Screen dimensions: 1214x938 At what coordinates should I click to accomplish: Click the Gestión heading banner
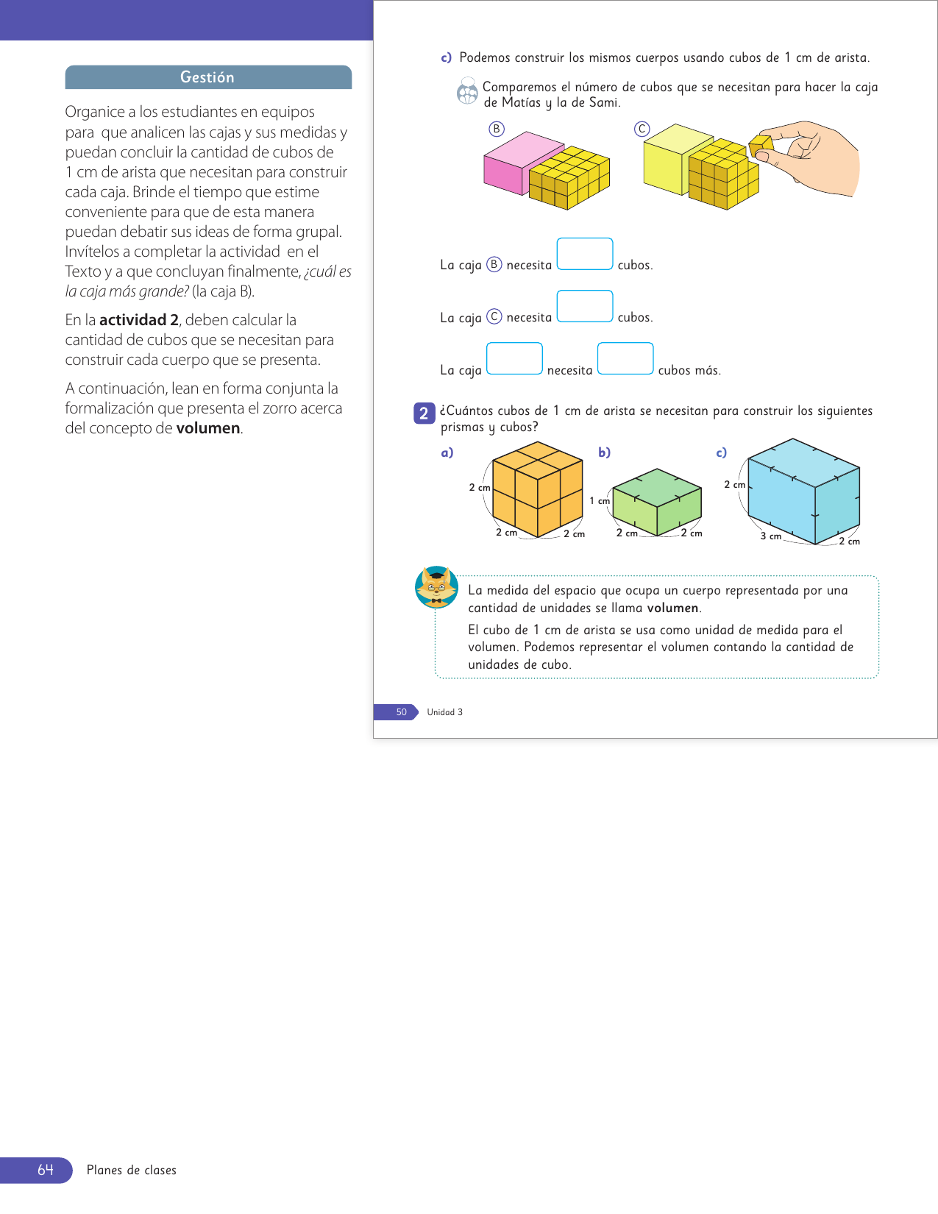point(208,77)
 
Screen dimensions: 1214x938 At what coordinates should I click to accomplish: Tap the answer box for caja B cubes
point(585,254)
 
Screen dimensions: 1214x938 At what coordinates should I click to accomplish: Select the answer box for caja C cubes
point(585,306)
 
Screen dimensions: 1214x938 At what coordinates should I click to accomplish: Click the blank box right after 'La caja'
point(514,359)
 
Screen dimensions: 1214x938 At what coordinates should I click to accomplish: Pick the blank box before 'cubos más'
point(625,359)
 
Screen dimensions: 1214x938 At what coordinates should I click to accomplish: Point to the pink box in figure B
point(508,163)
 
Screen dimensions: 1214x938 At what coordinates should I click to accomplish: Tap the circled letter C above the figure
point(642,129)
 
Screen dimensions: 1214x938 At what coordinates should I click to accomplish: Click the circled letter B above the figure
point(497,129)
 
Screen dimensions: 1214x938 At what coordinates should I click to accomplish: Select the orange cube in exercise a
point(537,489)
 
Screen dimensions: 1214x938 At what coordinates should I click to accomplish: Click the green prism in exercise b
point(656,503)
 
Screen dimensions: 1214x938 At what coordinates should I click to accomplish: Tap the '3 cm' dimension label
point(771,536)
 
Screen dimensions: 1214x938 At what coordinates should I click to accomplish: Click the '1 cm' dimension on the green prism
point(600,501)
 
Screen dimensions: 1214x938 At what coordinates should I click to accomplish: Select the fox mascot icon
point(436,587)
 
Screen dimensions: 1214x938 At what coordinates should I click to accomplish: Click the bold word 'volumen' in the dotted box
point(672,608)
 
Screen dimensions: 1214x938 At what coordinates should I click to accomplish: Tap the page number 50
point(401,712)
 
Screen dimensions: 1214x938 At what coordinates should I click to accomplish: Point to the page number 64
point(46,1170)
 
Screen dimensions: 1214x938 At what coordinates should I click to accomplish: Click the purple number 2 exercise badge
point(424,413)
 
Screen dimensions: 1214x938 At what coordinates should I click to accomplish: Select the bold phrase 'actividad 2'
point(139,320)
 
